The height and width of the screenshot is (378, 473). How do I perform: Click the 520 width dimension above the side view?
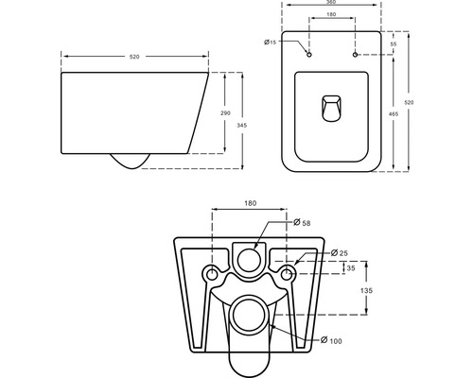(135, 57)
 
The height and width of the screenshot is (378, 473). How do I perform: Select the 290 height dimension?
(224, 112)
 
